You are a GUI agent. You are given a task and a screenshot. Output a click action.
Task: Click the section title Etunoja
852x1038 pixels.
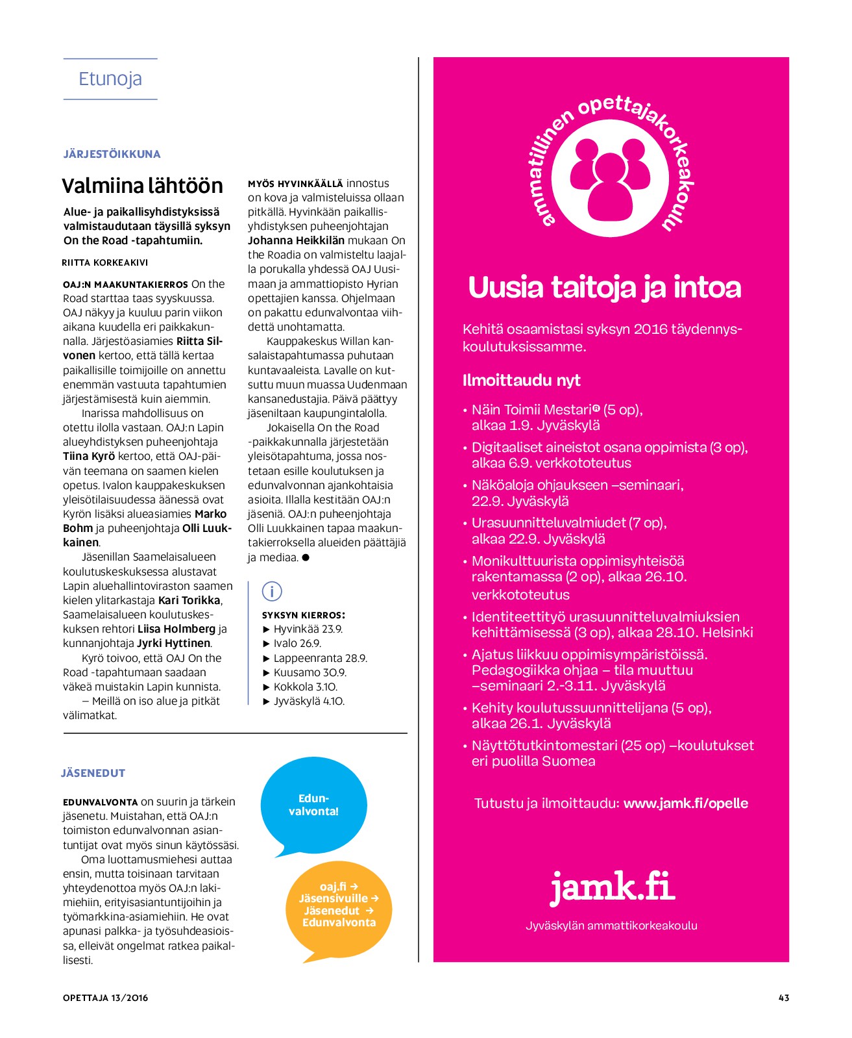pyautogui.click(x=110, y=79)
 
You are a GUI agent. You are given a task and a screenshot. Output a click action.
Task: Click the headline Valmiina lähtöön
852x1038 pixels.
pyautogui.click(x=142, y=186)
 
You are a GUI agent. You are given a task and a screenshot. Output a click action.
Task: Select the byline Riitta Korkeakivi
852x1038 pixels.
pyautogui.click(x=105, y=262)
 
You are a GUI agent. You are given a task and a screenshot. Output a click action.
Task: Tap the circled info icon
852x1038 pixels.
pyautogui.click(x=271, y=591)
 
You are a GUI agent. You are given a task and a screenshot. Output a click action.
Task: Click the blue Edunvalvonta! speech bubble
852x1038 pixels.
pyautogui.click(x=313, y=805)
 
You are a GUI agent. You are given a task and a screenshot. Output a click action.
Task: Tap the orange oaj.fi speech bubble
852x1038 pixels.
pyautogui.click(x=339, y=904)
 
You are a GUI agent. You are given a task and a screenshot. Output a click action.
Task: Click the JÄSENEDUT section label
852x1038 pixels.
pyautogui.click(x=93, y=773)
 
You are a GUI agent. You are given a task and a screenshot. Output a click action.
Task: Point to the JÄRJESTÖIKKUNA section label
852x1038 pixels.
pyautogui.click(x=112, y=154)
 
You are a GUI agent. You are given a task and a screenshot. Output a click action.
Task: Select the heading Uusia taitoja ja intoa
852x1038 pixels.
pyautogui.click(x=604, y=288)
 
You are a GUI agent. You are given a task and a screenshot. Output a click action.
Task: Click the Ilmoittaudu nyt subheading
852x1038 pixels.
pyautogui.click(x=521, y=380)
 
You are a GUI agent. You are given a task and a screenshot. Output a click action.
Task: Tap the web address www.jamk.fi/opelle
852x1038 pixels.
pyautogui.click(x=685, y=803)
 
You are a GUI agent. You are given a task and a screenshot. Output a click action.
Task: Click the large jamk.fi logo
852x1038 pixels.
pyautogui.click(x=612, y=887)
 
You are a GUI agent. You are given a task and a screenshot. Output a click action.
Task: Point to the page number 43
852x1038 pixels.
pyautogui.click(x=783, y=998)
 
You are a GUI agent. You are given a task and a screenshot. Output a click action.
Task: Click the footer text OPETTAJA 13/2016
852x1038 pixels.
pyautogui.click(x=105, y=998)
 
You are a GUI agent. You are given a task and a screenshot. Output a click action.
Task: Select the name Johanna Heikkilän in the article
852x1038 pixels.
pyautogui.click(x=296, y=240)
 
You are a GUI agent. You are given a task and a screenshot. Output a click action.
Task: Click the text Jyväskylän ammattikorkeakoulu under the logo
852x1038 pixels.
pyautogui.click(x=611, y=925)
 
